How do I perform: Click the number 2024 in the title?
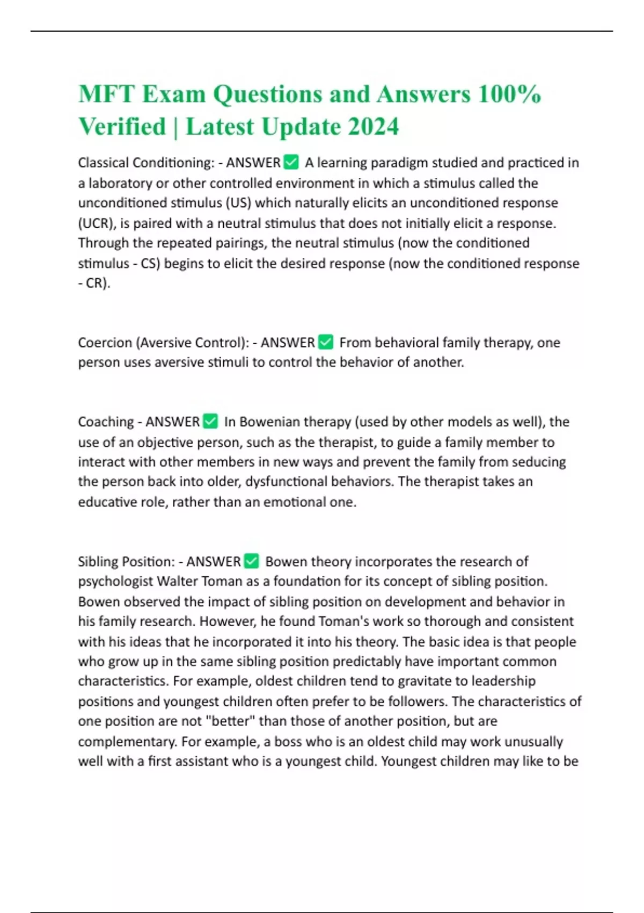click(x=373, y=127)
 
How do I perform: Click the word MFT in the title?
click(x=106, y=94)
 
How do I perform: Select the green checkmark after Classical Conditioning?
click(x=290, y=162)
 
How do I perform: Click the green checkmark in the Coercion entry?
click(x=325, y=342)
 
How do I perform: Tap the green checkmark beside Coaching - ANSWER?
click(x=210, y=421)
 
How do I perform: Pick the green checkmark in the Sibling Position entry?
click(x=251, y=561)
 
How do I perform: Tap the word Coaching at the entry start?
click(x=106, y=422)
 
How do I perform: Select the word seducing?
click(x=538, y=462)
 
